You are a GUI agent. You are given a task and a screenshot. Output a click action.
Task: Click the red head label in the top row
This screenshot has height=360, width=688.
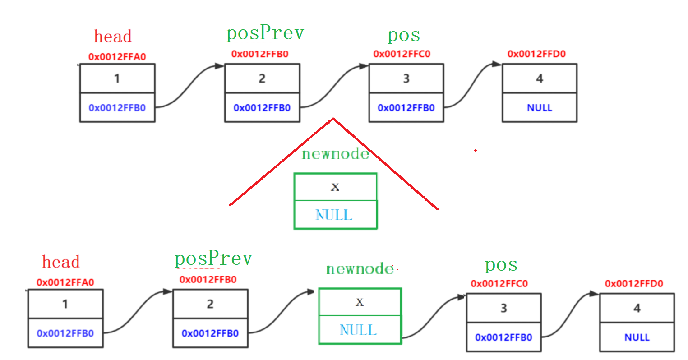coord(113,36)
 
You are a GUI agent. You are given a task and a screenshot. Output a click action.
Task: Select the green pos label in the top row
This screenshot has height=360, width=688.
coord(404,36)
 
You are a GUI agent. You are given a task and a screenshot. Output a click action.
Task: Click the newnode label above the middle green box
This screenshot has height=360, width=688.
coord(335,153)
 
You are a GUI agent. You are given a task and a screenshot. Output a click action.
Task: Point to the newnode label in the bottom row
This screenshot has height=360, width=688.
coord(360,269)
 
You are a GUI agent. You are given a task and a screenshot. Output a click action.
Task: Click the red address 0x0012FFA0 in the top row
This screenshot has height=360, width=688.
coord(117,57)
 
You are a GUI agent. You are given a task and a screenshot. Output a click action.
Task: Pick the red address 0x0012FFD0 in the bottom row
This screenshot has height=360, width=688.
coord(634,283)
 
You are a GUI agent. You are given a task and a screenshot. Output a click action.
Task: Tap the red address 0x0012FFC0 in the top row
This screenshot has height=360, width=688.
coord(402,54)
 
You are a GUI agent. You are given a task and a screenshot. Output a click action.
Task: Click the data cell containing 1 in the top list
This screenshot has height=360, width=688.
coord(117,78)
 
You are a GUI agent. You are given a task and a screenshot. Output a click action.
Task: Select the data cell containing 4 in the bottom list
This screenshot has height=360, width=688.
coord(637,308)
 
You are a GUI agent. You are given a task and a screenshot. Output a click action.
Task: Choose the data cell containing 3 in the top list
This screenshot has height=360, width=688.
coord(406,78)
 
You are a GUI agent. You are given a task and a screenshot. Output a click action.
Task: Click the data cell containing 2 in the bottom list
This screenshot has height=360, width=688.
coord(210,304)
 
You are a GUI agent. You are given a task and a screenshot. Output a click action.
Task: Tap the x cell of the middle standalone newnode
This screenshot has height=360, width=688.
coord(335,187)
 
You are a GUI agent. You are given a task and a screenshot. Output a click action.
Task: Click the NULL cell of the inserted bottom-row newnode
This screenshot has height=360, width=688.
coord(360,329)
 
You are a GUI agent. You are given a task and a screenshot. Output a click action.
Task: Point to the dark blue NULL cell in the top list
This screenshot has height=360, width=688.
coord(540,107)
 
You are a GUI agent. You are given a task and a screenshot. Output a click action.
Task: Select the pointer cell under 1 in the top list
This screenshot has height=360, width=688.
coord(117,107)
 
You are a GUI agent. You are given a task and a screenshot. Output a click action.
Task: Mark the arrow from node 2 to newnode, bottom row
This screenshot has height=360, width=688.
coord(281,312)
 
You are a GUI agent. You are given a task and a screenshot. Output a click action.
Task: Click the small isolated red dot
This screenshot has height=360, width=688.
coord(476,151)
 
